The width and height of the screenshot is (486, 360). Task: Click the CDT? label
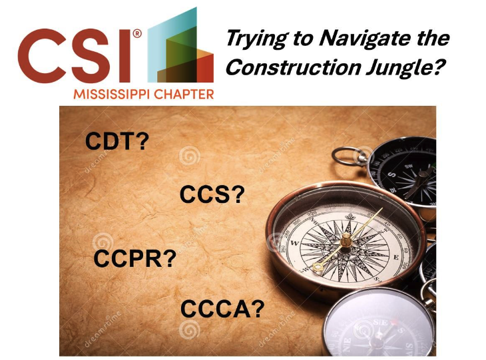click(x=117, y=141)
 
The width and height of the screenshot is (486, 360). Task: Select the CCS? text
click(x=212, y=195)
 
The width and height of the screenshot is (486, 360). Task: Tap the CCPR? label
click(x=135, y=258)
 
